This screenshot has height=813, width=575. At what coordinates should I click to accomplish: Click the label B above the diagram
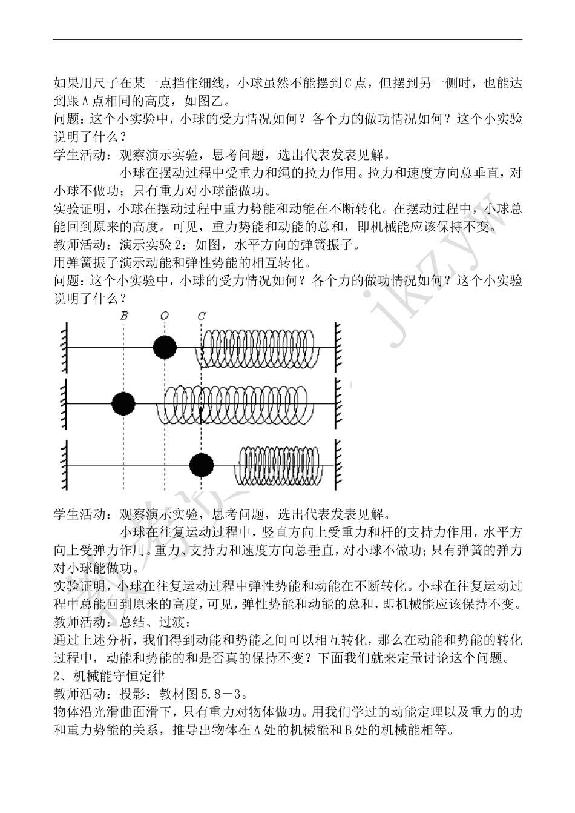click(124, 316)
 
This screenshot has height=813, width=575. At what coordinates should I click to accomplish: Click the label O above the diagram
click(165, 316)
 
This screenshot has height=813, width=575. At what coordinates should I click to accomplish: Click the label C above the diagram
click(202, 316)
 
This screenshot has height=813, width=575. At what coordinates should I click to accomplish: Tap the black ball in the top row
click(165, 348)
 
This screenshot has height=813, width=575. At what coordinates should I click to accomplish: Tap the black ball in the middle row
click(123, 403)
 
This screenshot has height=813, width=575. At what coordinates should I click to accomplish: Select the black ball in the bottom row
click(202, 465)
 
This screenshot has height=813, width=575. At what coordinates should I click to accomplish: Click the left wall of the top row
click(64, 348)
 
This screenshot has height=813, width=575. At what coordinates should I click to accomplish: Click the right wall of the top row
click(339, 348)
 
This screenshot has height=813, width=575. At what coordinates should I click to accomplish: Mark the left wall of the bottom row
click(64, 465)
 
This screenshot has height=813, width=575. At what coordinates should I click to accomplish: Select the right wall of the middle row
click(339, 403)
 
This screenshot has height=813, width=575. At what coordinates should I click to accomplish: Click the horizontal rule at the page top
click(287, 40)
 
